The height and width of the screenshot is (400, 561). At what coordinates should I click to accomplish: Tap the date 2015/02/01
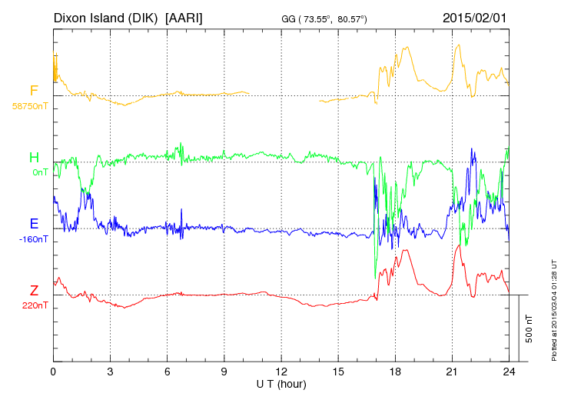(475, 17)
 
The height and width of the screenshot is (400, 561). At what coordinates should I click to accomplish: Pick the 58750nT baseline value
(28, 105)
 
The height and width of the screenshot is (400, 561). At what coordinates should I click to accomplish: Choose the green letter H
(34, 158)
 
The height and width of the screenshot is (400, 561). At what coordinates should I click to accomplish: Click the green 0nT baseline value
(40, 172)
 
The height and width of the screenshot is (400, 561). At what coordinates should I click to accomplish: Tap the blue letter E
(34, 225)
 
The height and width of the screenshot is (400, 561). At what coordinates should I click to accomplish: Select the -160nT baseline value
(34, 238)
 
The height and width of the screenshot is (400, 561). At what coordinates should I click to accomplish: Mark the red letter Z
(34, 291)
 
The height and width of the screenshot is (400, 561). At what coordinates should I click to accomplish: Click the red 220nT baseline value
(35, 305)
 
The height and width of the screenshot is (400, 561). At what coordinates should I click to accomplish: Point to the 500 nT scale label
(529, 328)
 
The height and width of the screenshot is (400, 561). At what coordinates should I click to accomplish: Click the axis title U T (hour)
(281, 383)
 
